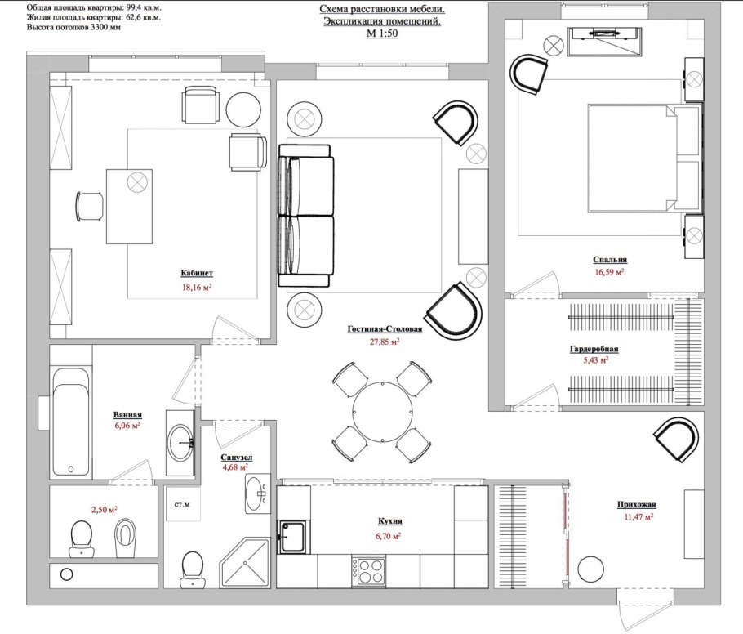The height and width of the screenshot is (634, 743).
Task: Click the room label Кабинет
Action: click(x=197, y=273)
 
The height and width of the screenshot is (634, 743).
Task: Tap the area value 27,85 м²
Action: click(x=385, y=341)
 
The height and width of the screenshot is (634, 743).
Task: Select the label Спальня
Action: click(x=610, y=260)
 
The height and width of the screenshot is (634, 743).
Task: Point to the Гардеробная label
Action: click(x=594, y=350)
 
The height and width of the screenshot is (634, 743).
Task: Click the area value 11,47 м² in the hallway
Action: click(x=638, y=516)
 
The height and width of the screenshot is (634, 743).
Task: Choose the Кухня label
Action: click(x=390, y=521)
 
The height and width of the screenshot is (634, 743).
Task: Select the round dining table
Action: click(x=382, y=411)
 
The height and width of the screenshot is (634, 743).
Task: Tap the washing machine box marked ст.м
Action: click(x=182, y=503)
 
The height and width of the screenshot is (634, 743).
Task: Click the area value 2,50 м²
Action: click(x=105, y=510)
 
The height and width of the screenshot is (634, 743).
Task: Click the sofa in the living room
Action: click(x=306, y=216)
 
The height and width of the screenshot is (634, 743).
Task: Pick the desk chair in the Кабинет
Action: click(x=90, y=206)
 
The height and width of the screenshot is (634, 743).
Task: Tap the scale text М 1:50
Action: click(x=382, y=33)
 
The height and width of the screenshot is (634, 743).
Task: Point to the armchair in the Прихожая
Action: click(x=676, y=439)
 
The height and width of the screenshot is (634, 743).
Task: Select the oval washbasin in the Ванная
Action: click(x=181, y=443)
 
